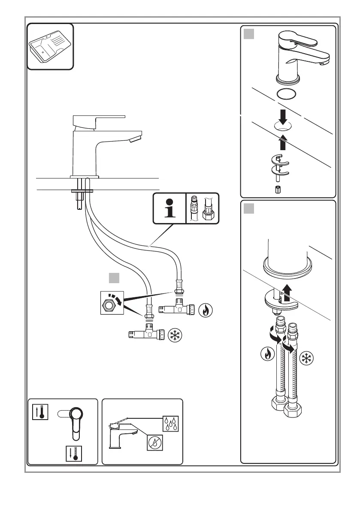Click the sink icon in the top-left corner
(x=50, y=47)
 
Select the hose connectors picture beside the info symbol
(x=202, y=209)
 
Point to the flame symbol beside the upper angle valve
(x=206, y=310)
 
